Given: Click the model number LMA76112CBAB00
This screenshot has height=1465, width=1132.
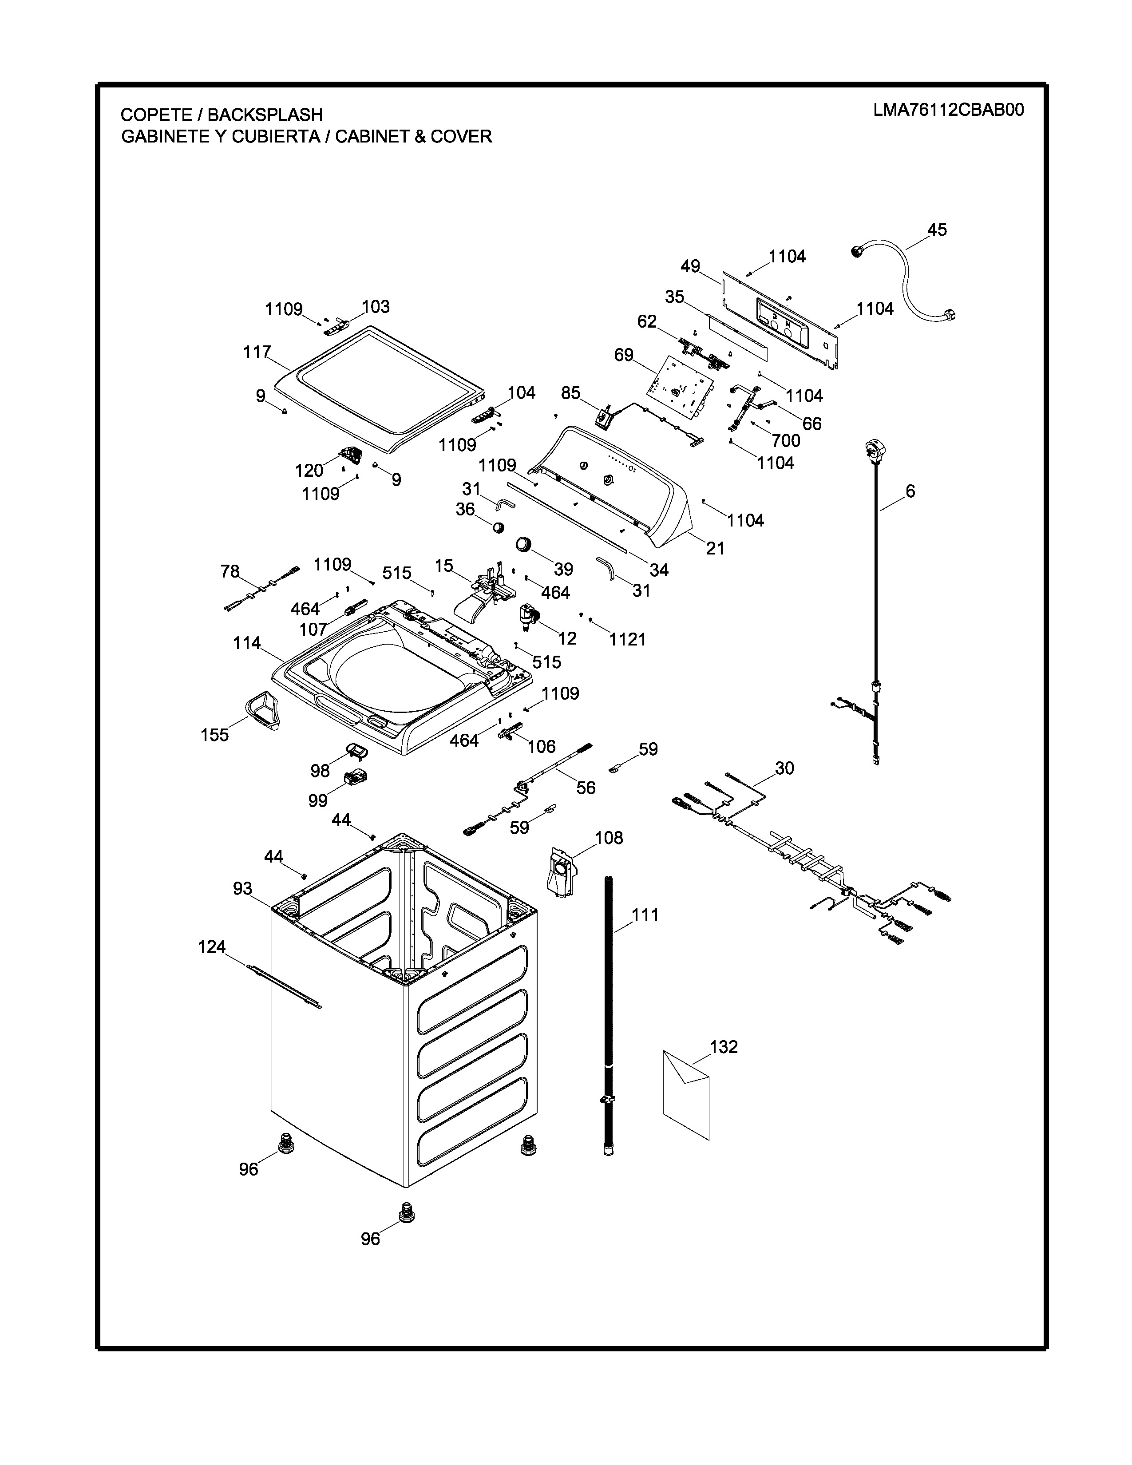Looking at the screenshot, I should pos(948,111).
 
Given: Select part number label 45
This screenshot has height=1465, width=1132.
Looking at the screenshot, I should pos(937,230).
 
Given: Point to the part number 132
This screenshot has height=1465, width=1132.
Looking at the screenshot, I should pos(724,1046).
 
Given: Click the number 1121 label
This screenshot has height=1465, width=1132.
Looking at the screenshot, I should pos(628,640).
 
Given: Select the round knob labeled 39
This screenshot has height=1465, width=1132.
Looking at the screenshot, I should pos(524,544).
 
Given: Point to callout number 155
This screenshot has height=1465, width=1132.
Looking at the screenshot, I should pos(214,735).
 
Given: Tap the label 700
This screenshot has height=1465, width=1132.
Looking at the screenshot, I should pos(786,441).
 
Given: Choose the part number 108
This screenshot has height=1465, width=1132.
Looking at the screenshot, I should pos(609,838).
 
